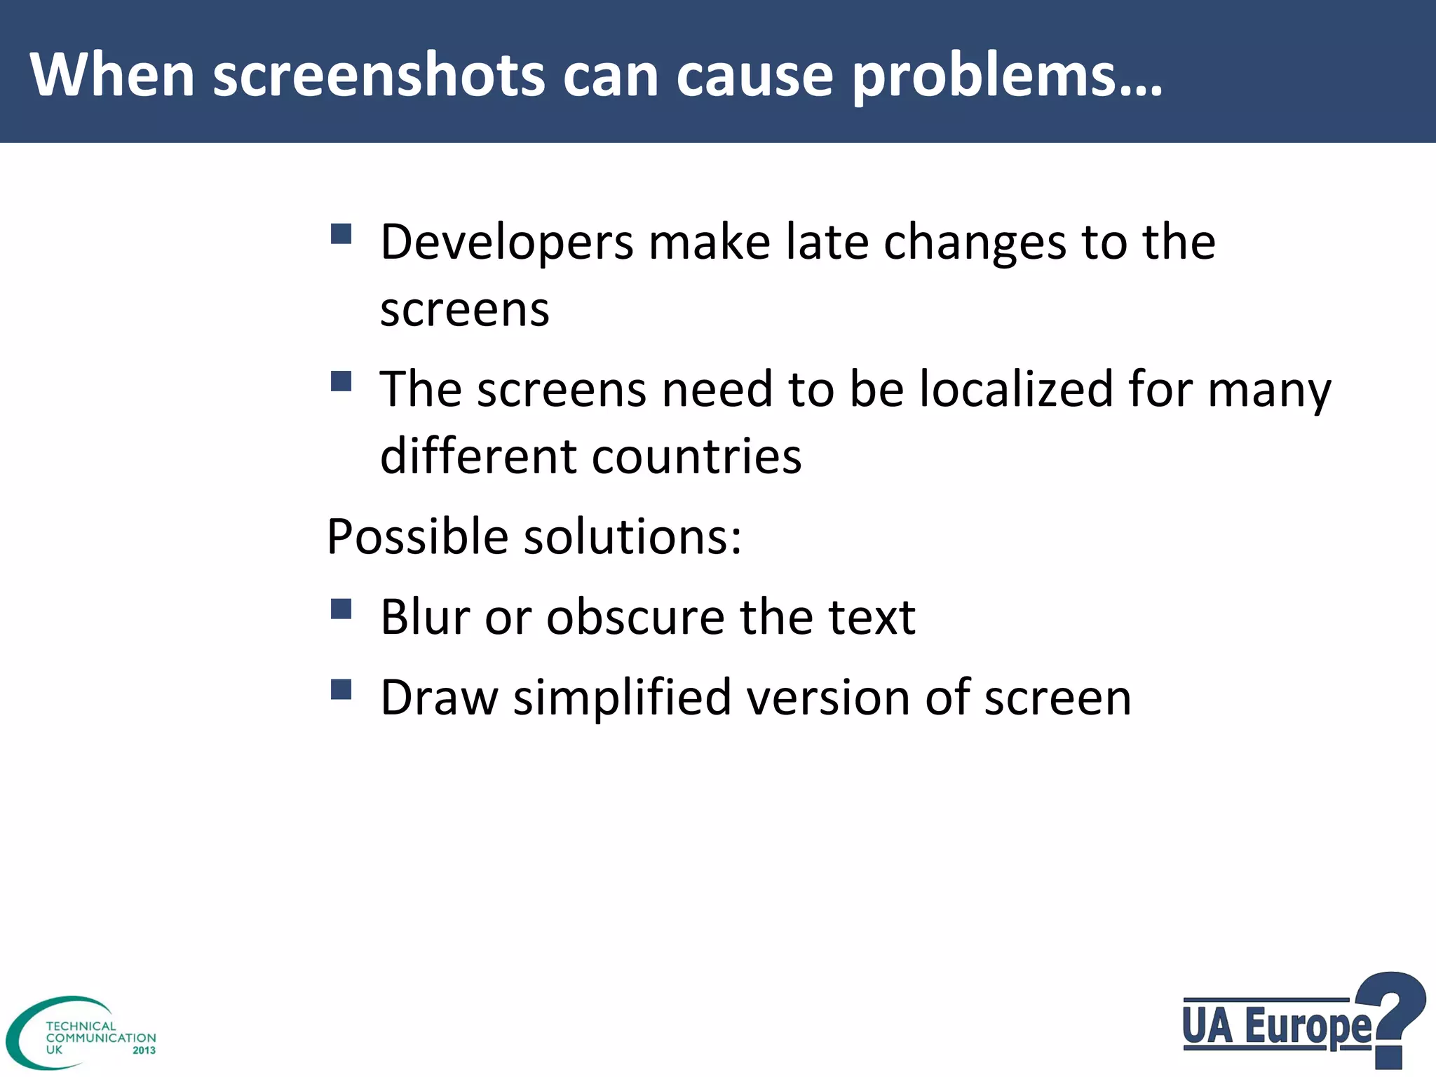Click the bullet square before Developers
click(341, 233)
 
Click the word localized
click(1016, 389)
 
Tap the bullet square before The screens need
click(341, 381)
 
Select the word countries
click(697, 456)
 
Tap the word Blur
click(425, 618)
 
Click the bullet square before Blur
click(341, 609)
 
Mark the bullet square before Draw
click(341, 690)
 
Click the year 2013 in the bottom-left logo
click(144, 1050)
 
